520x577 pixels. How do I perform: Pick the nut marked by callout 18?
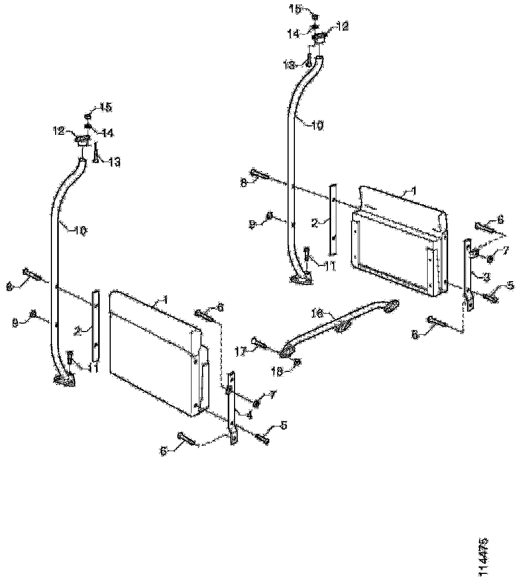pyautogui.click(x=297, y=361)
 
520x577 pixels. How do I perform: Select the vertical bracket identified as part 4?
pyautogui.click(x=230, y=409)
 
